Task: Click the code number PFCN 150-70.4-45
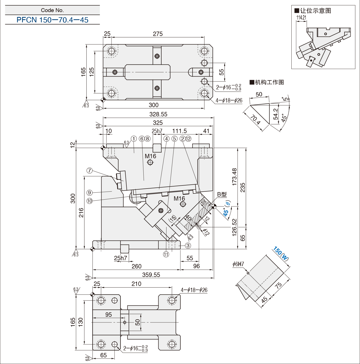(x=52, y=20)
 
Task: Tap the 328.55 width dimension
(x=158, y=114)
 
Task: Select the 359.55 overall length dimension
(x=151, y=275)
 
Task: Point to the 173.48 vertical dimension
(x=234, y=177)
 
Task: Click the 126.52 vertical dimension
(x=234, y=227)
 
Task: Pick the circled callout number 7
(x=89, y=171)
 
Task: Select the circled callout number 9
(x=89, y=193)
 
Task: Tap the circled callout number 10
(x=89, y=201)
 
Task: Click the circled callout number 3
(x=188, y=246)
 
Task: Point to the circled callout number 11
(x=166, y=254)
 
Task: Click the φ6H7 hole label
(x=238, y=264)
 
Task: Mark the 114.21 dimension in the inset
(x=301, y=17)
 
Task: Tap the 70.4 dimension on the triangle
(x=255, y=120)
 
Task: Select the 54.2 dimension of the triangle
(x=276, y=114)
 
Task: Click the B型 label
(x=222, y=194)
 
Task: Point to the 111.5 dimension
(x=179, y=131)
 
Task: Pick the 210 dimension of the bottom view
(x=136, y=284)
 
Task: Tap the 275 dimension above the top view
(x=158, y=34)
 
